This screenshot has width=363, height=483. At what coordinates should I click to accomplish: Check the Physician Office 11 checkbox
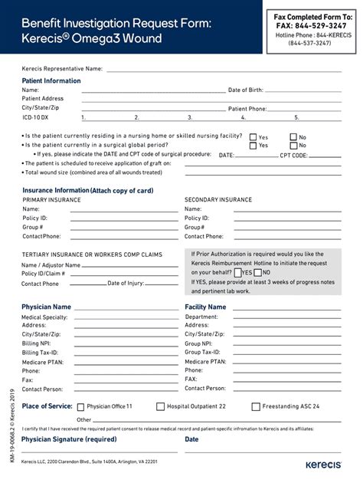tap(79, 406)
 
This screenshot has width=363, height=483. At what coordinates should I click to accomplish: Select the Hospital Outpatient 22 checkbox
tap(160, 406)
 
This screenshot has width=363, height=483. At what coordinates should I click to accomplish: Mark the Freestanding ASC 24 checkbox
tap(256, 406)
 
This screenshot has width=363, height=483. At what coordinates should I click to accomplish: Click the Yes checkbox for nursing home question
tap(252, 137)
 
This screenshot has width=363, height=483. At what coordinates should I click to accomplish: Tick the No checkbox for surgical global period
tap(293, 146)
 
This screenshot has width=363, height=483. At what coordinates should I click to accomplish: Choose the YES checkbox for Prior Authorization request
tap(238, 272)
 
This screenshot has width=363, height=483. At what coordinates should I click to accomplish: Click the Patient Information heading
tap(51, 80)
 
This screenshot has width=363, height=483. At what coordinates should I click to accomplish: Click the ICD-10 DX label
tap(35, 117)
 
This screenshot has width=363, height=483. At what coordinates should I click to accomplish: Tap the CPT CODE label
tap(293, 155)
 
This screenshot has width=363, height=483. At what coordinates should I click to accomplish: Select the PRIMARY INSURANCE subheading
tap(51, 199)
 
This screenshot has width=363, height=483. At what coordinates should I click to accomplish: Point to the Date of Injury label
tap(126, 284)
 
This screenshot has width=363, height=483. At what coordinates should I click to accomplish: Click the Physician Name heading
tap(46, 307)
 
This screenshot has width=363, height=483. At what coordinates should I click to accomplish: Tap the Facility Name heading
tap(205, 307)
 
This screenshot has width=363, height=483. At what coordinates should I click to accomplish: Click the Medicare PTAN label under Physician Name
tap(42, 362)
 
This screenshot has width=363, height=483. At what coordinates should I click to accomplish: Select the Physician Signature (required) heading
tap(69, 439)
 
